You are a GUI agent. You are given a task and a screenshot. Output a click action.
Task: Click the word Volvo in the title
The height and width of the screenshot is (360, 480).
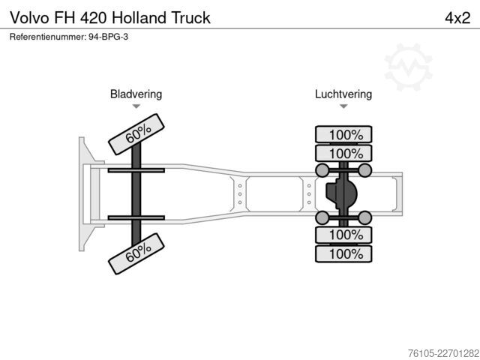point(30,18)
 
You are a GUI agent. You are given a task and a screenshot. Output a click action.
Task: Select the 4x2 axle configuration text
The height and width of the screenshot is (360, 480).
point(457,18)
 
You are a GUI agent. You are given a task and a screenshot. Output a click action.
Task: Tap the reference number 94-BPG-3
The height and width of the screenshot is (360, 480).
point(108,37)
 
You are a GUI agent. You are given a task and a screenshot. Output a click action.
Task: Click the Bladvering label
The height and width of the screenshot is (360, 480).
point(136,94)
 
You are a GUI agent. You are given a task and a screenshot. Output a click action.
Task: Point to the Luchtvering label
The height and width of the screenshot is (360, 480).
point(343,94)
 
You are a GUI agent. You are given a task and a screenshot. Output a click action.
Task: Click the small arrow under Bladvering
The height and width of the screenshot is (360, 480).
point(136,106)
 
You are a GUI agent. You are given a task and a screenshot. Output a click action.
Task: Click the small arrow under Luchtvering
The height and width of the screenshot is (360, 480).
point(343,106)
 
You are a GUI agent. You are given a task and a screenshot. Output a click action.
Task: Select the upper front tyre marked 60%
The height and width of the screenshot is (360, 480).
point(136,134)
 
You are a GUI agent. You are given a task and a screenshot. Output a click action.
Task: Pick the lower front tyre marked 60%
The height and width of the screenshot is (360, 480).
point(136,253)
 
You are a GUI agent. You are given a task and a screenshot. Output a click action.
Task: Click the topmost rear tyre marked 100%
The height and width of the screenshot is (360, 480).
point(343,134)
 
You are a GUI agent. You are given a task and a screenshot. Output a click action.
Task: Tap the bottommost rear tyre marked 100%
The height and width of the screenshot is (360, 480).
point(343,253)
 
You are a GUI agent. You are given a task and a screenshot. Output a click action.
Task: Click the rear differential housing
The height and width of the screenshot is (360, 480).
point(342,193)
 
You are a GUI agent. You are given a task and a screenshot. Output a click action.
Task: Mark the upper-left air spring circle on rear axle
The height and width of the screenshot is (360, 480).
point(322,170)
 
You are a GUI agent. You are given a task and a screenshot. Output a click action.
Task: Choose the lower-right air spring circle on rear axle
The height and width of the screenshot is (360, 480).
point(365,217)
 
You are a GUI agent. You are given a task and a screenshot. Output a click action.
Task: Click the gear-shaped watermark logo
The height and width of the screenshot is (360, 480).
point(408,67)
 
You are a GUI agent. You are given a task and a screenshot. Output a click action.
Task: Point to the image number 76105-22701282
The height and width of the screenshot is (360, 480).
point(443,353)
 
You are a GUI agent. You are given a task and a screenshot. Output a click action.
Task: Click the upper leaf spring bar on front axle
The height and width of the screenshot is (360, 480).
point(136,170)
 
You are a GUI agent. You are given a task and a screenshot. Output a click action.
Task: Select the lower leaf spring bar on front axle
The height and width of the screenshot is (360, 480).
point(136,218)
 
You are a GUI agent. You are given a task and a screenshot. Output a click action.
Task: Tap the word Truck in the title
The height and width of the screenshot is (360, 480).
point(190,18)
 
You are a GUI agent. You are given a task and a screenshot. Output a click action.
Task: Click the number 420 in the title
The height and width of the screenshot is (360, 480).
point(94,18)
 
